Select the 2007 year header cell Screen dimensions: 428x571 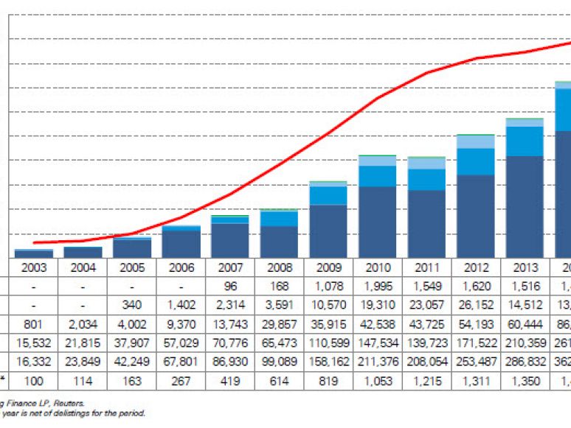[x=229, y=267]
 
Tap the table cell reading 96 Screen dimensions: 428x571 [x=229, y=287]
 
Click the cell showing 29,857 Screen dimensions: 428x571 [x=279, y=323]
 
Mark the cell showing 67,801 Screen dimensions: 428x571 [x=181, y=362]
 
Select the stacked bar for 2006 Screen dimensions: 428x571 [x=181, y=242]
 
